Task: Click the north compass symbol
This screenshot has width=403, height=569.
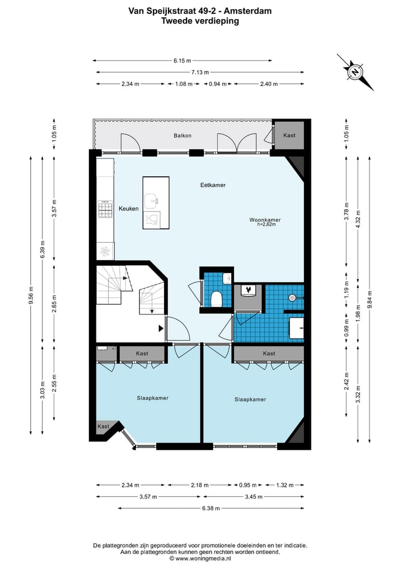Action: [354, 72]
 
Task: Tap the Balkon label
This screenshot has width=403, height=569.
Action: [182, 135]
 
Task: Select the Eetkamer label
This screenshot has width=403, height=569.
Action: [213, 185]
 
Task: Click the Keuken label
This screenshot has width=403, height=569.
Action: [129, 209]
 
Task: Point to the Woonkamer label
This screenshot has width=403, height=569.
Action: [265, 220]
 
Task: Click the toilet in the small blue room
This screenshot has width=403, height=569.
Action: [217, 299]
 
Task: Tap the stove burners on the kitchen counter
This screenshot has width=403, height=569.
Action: [105, 209]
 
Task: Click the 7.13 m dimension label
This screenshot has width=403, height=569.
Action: [200, 72]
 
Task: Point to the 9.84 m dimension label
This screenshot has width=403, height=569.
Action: [369, 299]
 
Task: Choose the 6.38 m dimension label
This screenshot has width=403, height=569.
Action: [211, 508]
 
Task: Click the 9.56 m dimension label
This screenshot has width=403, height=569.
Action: [30, 295]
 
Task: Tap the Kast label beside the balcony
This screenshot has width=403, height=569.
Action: [289, 135]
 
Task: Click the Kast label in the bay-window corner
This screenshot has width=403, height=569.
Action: [104, 426]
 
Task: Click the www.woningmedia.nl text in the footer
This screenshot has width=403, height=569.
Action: [203, 559]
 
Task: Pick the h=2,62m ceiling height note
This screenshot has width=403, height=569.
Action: [266, 224]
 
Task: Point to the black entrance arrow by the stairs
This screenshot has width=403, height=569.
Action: [161, 328]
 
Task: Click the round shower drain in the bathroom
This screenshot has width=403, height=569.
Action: [292, 298]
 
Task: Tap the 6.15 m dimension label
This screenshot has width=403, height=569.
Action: [182, 60]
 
